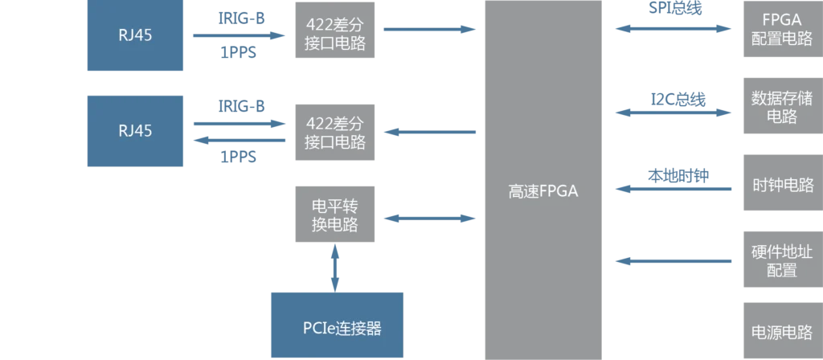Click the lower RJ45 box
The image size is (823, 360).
(135, 130)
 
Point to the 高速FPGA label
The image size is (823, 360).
(543, 191)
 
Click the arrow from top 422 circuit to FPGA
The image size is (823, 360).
(430, 30)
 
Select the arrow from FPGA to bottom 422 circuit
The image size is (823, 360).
(430, 132)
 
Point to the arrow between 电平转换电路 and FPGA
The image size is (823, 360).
(430, 218)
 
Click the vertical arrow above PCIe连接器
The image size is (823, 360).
(335, 265)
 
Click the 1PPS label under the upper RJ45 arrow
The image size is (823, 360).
(238, 55)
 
